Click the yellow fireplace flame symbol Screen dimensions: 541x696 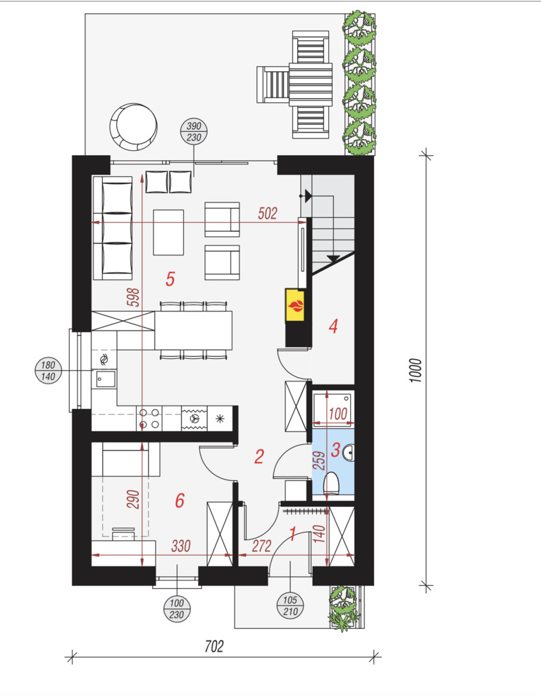click(296, 305)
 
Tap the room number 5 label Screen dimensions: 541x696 click(170, 279)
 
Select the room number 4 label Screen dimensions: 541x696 click(333, 326)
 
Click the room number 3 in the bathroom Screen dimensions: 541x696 click(336, 450)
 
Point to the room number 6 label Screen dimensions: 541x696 click(180, 500)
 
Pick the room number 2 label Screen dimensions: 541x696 click(259, 456)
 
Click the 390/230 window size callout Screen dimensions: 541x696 click(194, 132)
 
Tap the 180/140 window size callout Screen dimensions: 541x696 click(48, 371)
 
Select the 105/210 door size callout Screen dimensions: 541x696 click(290, 606)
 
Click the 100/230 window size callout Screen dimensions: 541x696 click(177, 609)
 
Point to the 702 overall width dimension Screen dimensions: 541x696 click(213, 646)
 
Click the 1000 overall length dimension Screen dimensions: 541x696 click(415, 371)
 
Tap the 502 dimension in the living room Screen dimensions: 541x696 click(268, 214)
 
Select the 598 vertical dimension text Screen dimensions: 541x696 click(133, 298)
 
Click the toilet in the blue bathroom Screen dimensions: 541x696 click(331, 483)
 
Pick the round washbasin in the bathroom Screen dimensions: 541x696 click(349, 453)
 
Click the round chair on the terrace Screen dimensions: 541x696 click(133, 127)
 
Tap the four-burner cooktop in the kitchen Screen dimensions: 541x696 click(149, 418)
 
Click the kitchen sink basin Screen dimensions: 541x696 click(106, 379)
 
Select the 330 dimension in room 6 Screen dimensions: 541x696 click(181, 546)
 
